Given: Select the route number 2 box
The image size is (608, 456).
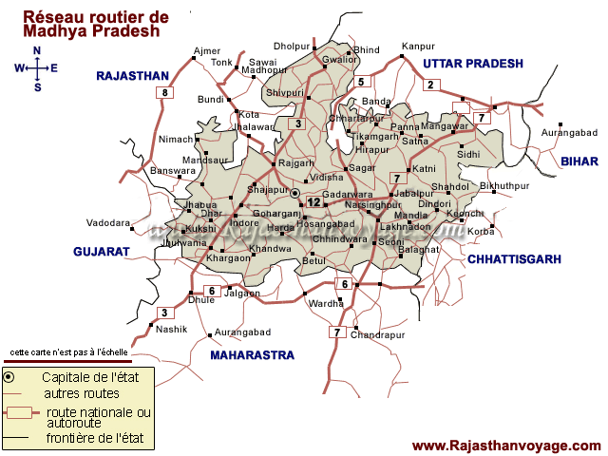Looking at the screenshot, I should click(x=430, y=85).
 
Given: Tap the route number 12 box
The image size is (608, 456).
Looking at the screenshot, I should click(x=313, y=201).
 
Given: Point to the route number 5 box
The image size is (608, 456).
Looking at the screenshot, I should click(x=361, y=82).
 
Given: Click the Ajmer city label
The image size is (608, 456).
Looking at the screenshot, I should click(x=206, y=49).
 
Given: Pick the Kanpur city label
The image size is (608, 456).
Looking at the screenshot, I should click(x=418, y=46).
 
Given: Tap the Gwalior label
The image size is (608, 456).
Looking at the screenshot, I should click(x=339, y=59).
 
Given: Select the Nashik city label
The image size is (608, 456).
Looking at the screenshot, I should click(x=172, y=330).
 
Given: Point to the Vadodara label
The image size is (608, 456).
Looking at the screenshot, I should click(x=107, y=222).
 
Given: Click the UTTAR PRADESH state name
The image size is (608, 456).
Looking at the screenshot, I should click(x=473, y=64).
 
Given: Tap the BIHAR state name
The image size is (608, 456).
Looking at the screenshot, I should click(x=579, y=162).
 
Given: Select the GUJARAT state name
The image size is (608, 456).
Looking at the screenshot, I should click(x=101, y=252).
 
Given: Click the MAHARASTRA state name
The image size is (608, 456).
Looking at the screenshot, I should click(x=252, y=355).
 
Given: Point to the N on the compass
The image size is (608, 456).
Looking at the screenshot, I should click(x=37, y=50).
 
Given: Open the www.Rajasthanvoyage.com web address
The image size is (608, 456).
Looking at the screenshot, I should click(x=506, y=445).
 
